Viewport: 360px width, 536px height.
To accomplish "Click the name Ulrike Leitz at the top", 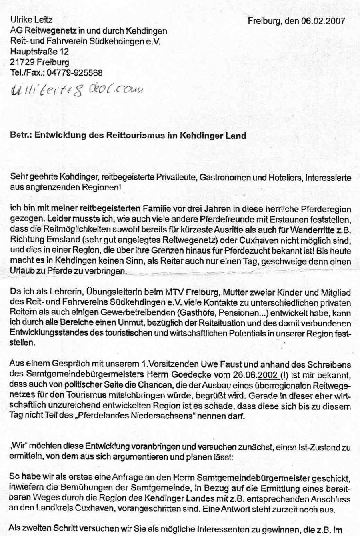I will [x=31, y=19].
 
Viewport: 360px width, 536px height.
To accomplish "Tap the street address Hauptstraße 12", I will [x=39, y=52].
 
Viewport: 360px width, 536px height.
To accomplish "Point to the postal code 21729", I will [x=22, y=62].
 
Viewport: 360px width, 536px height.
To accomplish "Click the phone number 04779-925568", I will [x=74, y=73].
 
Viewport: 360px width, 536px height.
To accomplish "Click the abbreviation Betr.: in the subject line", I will [x=21, y=135].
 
